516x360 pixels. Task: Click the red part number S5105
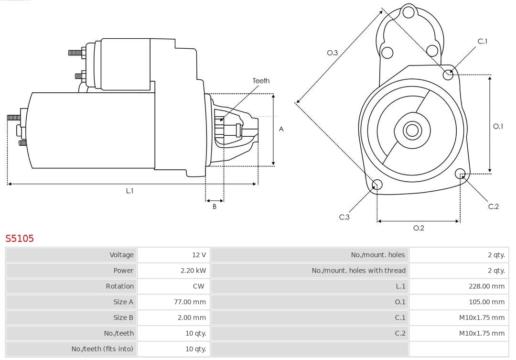click(20, 238)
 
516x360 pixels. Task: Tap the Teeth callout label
click(261, 81)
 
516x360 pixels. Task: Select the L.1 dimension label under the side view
click(129, 191)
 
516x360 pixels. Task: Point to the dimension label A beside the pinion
click(281, 129)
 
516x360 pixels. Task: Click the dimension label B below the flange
click(215, 207)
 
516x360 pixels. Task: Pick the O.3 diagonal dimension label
click(332, 53)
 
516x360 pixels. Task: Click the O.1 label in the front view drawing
click(498, 126)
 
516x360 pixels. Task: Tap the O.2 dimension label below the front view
click(419, 228)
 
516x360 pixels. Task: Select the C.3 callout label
click(344, 217)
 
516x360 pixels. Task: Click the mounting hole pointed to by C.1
click(448, 74)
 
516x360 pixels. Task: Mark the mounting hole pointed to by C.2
click(461, 174)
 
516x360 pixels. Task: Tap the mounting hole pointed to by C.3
click(377, 185)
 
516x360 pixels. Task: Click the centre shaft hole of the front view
click(411, 130)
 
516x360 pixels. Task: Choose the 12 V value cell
click(199, 255)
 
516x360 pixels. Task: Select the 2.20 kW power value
click(193, 271)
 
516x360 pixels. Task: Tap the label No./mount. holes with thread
click(358, 271)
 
